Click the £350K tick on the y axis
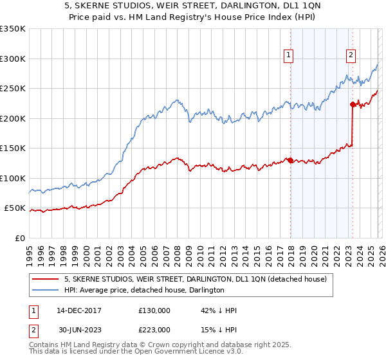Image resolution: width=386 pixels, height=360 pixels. (13, 29)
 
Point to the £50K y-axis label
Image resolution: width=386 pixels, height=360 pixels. (15, 208)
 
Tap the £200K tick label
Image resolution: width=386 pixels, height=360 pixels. (13, 118)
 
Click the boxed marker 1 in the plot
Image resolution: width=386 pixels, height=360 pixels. (289, 56)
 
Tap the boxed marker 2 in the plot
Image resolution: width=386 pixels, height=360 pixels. (351, 56)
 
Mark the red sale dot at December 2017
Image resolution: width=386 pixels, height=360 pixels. (290, 160)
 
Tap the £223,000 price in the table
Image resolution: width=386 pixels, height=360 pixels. (154, 329)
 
